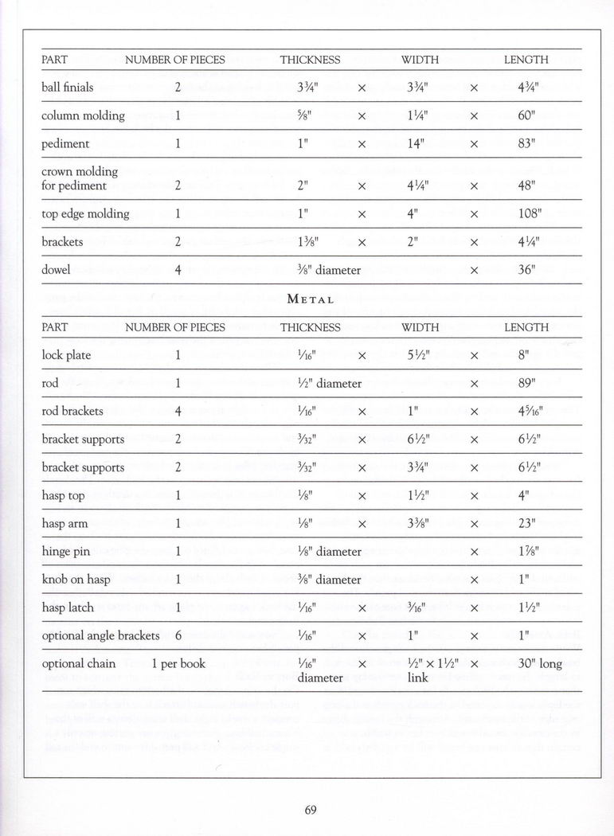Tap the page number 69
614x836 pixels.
click(x=311, y=811)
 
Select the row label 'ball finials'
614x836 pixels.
click(x=67, y=87)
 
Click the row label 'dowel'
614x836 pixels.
click(x=56, y=270)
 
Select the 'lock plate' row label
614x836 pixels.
click(x=66, y=355)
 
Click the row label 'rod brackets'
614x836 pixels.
click(x=72, y=412)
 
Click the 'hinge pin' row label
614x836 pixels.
click(x=66, y=552)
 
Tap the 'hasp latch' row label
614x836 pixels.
click(x=68, y=607)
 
